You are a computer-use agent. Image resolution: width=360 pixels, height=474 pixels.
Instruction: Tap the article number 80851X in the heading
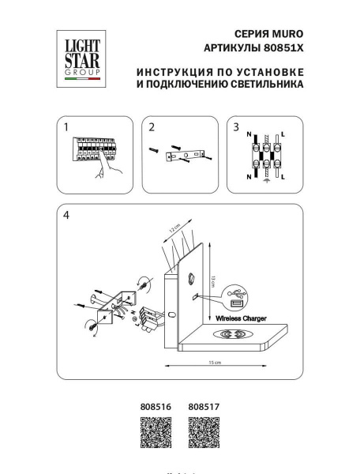pyautogui.click(x=284, y=49)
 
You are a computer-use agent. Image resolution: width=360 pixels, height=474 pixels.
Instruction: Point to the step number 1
pyautogui.click(x=66, y=127)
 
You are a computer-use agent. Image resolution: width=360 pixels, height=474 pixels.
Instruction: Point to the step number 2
pyautogui.click(x=152, y=127)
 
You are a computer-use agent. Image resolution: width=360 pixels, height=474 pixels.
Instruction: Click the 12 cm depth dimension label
pyautogui.click(x=174, y=233)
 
